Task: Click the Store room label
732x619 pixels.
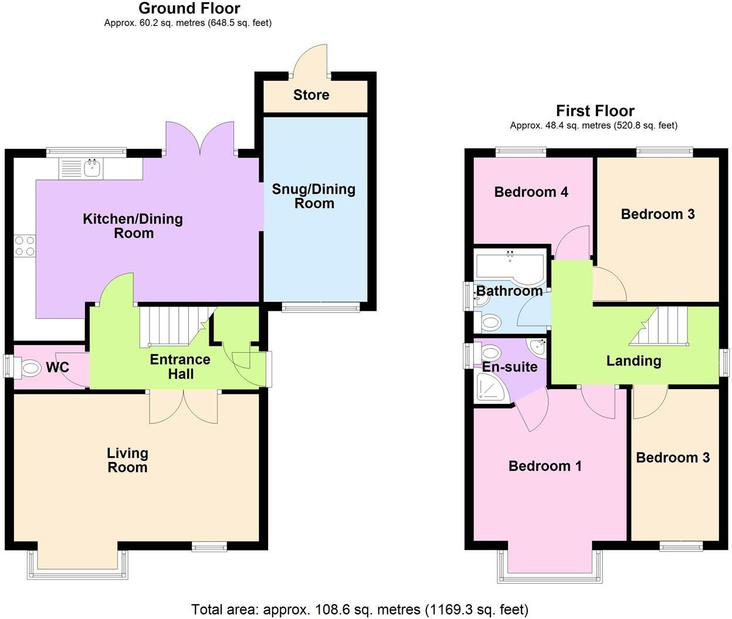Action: pos(311,95)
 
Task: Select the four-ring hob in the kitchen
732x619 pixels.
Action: pos(25,245)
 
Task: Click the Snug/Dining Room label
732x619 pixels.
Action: pos(314,196)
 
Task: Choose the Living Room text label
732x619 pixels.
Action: pos(127,460)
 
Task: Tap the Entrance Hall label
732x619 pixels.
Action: pos(180,367)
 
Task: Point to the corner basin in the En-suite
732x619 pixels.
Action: pos(537,347)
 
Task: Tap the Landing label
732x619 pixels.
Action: pos(633,361)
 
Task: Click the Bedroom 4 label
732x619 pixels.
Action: pos(531,192)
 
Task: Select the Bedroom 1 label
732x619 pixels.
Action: pos(545,466)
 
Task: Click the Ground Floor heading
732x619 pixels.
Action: pos(189,8)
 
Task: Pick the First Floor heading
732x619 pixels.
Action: pos(595,111)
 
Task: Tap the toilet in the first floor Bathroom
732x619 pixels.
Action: pos(490,322)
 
